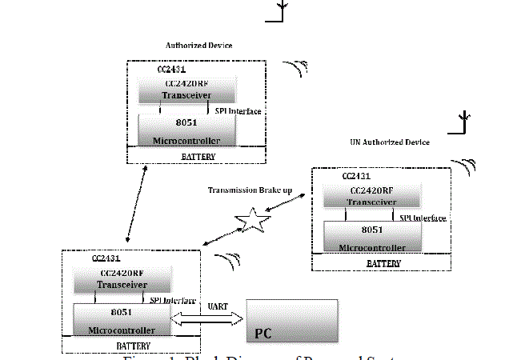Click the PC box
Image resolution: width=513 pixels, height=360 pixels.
pyautogui.click(x=291, y=321)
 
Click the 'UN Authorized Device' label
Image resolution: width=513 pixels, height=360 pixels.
pyautogui.click(x=390, y=142)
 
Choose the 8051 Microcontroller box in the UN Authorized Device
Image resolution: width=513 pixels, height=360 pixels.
pyautogui.click(x=371, y=236)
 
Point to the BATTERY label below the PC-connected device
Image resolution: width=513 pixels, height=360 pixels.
pyautogui.click(x=132, y=346)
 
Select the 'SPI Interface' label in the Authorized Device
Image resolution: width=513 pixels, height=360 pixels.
pyautogui.click(x=238, y=110)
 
